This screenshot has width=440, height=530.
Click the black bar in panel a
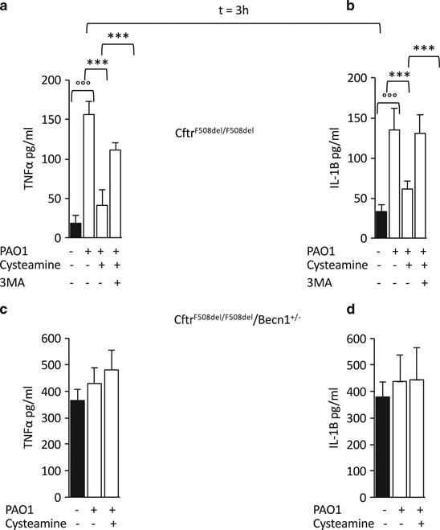pos(75,230)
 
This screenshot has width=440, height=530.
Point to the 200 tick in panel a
pos(52,80)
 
